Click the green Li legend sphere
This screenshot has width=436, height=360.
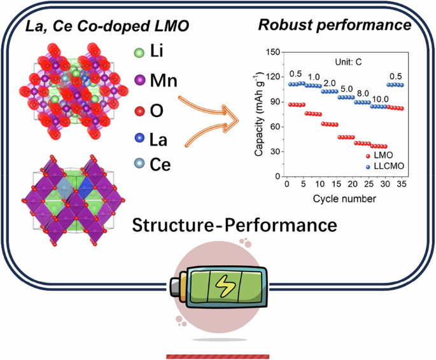click(x=139, y=52)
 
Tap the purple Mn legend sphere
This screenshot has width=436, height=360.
click(x=139, y=81)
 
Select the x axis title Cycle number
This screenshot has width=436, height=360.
click(x=344, y=198)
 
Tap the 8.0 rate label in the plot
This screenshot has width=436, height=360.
click(x=362, y=92)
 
